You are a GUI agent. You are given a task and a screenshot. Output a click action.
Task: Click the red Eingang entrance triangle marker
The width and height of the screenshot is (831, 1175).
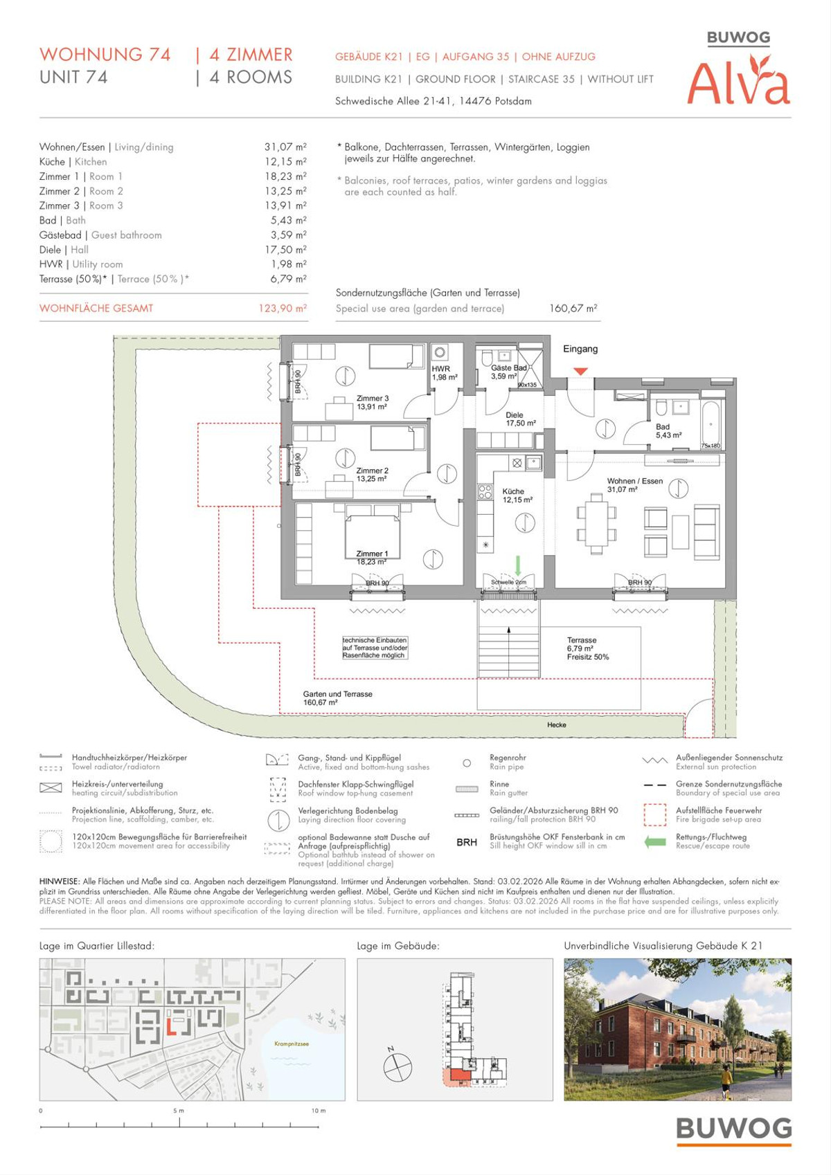click(580, 372)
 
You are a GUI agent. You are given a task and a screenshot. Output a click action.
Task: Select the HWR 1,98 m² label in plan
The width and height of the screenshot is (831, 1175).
click(444, 373)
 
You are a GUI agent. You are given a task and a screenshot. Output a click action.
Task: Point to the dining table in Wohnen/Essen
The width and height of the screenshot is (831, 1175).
click(596, 524)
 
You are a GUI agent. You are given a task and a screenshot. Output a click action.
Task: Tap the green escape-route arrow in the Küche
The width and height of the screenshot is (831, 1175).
click(517, 565)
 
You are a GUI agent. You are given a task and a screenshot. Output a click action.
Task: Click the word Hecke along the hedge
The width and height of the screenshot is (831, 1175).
click(556, 725)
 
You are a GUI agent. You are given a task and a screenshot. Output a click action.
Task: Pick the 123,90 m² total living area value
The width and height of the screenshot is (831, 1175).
click(282, 309)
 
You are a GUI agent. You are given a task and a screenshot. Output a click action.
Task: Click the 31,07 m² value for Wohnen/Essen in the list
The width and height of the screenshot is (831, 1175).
click(285, 147)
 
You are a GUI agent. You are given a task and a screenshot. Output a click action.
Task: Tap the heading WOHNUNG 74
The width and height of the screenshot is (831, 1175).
click(105, 55)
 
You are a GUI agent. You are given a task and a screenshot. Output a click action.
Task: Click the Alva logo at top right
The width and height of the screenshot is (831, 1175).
click(738, 83)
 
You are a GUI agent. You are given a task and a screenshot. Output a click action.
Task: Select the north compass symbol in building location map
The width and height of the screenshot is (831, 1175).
click(397, 1066)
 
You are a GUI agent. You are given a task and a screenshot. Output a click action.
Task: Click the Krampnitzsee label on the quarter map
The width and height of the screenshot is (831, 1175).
click(292, 1044)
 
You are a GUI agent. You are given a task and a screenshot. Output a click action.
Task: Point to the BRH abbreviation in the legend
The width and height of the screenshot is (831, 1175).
click(467, 842)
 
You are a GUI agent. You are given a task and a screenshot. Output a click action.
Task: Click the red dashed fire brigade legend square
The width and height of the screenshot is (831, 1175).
click(654, 814)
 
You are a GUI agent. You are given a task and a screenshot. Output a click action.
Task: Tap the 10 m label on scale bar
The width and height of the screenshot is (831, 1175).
click(318, 1111)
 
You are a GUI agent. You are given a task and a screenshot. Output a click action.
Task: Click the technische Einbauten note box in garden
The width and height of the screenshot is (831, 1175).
click(375, 648)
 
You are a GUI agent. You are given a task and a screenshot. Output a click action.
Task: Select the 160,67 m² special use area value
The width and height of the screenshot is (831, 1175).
click(573, 309)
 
